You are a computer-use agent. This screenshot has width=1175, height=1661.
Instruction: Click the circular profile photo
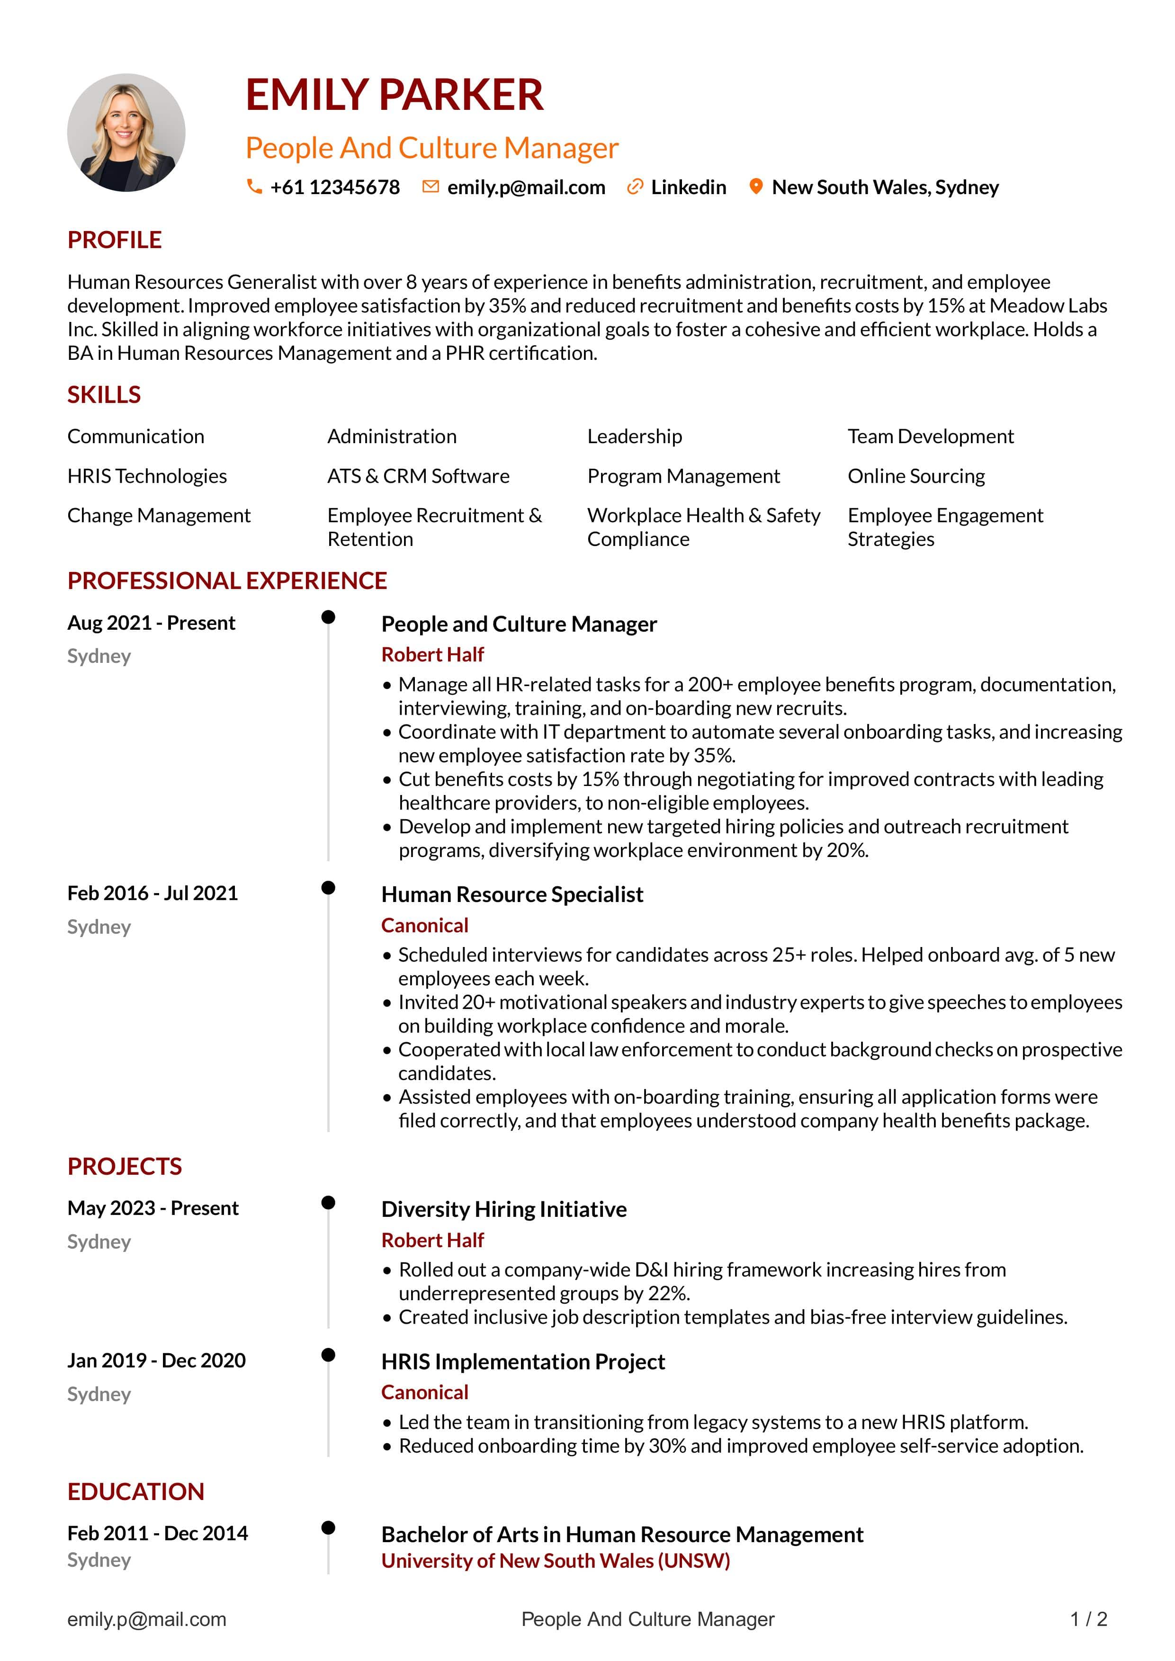pyautogui.click(x=126, y=133)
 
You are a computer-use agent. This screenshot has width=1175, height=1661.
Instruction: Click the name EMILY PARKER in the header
pyautogui.click(x=395, y=95)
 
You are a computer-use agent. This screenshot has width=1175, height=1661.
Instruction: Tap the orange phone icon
pyautogui.click(x=254, y=187)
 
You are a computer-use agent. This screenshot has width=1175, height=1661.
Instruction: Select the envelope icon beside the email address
pyautogui.click(x=431, y=187)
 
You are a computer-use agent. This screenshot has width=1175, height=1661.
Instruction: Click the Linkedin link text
pyautogui.click(x=688, y=188)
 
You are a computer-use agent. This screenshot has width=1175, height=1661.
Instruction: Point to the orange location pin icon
pyautogui.click(x=755, y=187)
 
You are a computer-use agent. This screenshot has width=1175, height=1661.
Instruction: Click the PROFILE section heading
pyautogui.click(x=114, y=240)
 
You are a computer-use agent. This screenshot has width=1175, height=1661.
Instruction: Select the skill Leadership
pyautogui.click(x=635, y=436)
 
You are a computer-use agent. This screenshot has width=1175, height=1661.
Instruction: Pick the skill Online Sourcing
pyautogui.click(x=916, y=476)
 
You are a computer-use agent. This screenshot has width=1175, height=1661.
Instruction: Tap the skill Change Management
pyautogui.click(x=159, y=515)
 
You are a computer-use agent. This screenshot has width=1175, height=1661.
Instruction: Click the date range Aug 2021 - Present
pyautogui.click(x=151, y=623)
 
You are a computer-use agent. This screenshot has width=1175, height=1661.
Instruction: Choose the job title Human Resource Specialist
pyautogui.click(x=512, y=894)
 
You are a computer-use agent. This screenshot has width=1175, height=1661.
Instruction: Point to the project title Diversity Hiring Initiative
pyautogui.click(x=503, y=1209)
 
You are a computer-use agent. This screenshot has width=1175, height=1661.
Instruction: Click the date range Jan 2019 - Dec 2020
pyautogui.click(x=156, y=1360)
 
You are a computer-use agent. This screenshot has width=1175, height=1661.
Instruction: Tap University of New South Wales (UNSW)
pyautogui.click(x=556, y=1561)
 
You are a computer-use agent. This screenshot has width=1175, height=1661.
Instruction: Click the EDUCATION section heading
pyautogui.click(x=136, y=1491)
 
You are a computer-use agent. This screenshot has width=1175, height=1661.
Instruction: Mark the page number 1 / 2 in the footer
pyautogui.click(x=1089, y=1619)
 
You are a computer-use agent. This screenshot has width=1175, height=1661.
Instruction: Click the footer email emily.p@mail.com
pyautogui.click(x=147, y=1619)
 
